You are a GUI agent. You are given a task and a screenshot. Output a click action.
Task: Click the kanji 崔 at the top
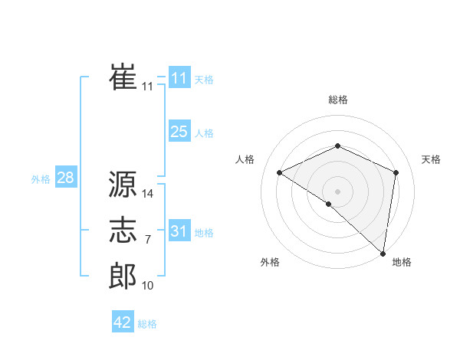coord(123,77)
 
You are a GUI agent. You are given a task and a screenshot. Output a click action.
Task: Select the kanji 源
coord(123,185)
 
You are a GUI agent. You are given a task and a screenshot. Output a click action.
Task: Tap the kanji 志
coord(123,231)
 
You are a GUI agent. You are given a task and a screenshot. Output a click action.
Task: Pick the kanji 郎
coord(123,276)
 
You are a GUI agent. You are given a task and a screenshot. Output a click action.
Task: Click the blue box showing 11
coord(179,78)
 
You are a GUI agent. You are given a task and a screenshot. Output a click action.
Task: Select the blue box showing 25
coord(179,132)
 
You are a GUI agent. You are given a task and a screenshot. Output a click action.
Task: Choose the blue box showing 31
coord(179,231)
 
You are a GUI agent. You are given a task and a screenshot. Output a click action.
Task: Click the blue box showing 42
coord(123,322)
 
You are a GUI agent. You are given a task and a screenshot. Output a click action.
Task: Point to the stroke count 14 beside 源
coord(148,194)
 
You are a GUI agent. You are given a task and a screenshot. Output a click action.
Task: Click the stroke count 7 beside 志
coord(148,240)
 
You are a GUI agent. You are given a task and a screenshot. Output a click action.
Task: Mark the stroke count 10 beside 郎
coord(148,286)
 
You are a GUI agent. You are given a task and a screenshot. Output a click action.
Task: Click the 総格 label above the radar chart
coord(337,100)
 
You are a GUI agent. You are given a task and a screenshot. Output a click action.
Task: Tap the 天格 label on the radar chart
coord(431,159)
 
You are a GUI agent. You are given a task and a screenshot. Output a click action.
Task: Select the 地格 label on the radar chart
coord(402,263)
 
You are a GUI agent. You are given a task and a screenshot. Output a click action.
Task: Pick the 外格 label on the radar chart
coord(270,263)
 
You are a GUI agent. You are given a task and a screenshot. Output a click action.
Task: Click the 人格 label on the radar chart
coord(245,159)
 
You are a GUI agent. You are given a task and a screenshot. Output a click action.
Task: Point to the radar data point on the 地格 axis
coord(383,253)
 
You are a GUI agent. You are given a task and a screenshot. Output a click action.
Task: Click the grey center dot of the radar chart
coord(337,191)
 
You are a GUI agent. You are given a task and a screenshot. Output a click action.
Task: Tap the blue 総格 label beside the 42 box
coord(147,324)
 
